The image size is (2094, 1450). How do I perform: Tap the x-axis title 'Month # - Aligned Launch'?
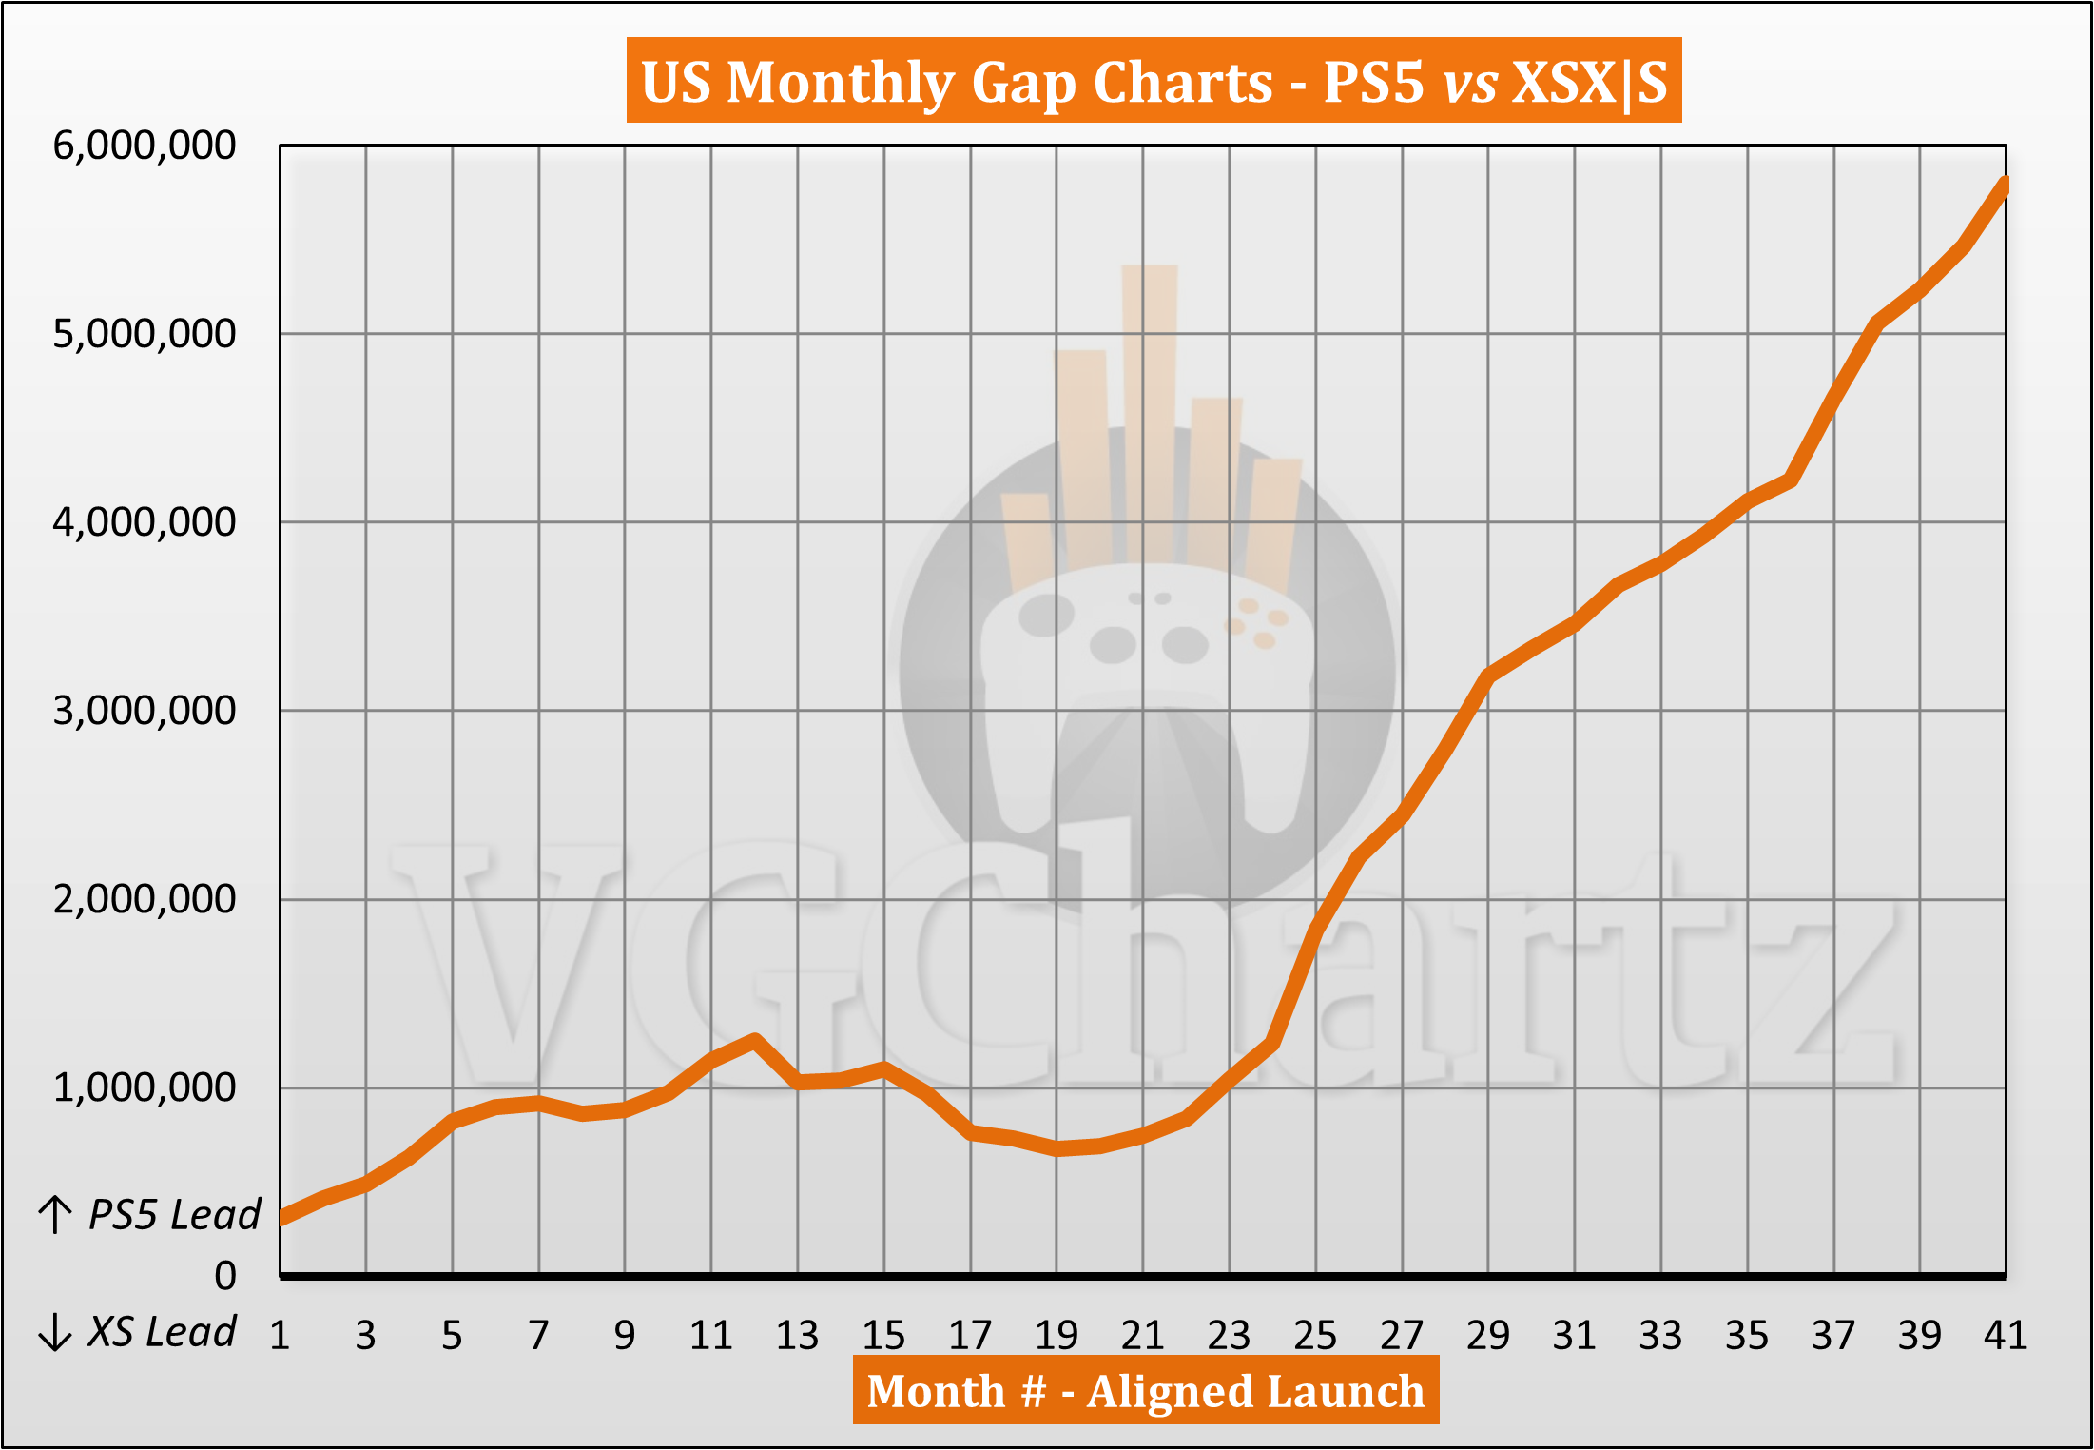1145,1391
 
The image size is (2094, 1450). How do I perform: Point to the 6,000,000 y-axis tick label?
144,146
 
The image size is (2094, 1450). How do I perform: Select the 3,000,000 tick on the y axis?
144,711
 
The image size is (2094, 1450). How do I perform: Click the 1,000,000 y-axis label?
144,1087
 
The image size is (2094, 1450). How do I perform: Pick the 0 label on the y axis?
225,1275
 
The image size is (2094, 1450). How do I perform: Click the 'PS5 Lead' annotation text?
174,1215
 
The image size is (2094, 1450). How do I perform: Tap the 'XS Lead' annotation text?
162,1332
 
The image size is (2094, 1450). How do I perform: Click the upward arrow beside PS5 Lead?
55,1215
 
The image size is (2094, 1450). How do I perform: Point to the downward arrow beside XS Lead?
55,1332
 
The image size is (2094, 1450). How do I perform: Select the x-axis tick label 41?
2006,1336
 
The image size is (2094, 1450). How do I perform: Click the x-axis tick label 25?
1315,1336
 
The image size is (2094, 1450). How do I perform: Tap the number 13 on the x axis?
797,1336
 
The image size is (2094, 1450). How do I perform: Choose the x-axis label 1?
280,1336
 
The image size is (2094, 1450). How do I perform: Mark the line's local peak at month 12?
755,1039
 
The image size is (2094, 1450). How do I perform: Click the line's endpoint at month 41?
2005,184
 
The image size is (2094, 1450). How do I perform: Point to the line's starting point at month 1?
281,1218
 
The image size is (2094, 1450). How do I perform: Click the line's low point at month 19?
1057,1148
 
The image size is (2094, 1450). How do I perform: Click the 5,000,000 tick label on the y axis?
144,334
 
